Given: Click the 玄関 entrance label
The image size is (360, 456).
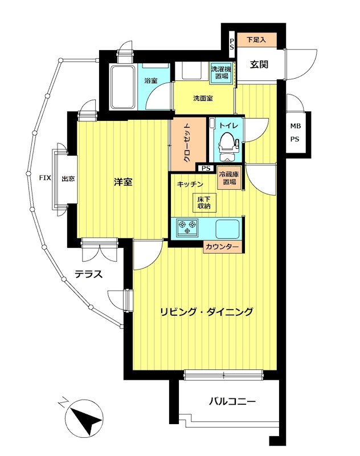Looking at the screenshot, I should pos(259,64).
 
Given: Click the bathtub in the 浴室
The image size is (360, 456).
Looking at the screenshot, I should pos(121,87).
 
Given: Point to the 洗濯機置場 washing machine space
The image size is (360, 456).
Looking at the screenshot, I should pos(220,72).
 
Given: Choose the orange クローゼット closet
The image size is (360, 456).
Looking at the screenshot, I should pos(187,143).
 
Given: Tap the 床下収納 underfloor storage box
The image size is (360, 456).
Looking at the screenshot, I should pos(204,202).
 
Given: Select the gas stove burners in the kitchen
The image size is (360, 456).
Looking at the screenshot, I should pos(187,228).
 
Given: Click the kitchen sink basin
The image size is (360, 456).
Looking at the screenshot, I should pos(228,229).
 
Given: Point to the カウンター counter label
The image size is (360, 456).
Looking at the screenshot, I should pos(222,247).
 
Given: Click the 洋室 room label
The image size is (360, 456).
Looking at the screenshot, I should pos(123,182).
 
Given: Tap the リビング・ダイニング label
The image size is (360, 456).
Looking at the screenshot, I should pos(206,312).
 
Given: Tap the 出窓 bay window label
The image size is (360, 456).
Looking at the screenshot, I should pos(67,178).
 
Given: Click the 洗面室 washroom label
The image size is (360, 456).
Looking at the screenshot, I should pos(203,98).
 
